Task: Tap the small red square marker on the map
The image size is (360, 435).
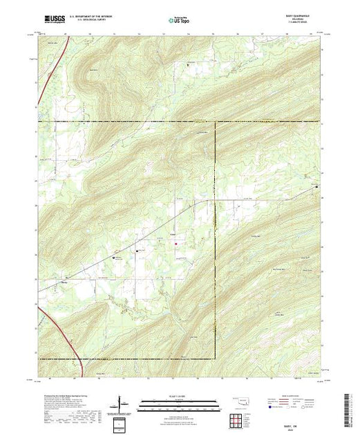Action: click(176, 242)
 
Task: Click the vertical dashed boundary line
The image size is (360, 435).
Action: click(215, 242)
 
